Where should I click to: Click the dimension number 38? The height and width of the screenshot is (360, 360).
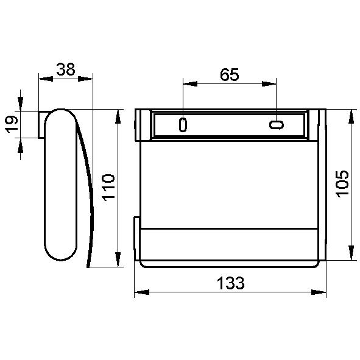[66, 69]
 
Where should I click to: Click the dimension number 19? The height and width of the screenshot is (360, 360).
[12, 124]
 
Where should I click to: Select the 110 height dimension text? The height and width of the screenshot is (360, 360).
[108, 188]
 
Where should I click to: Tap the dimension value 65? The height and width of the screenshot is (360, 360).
[230, 74]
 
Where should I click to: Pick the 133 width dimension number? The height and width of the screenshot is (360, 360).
[231, 283]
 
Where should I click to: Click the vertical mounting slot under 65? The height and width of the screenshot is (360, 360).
[183, 125]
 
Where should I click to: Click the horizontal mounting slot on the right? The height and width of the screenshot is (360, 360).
[277, 125]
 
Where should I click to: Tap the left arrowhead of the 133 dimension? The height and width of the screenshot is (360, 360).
[142, 292]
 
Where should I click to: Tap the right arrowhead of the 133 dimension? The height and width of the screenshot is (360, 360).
[319, 292]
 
